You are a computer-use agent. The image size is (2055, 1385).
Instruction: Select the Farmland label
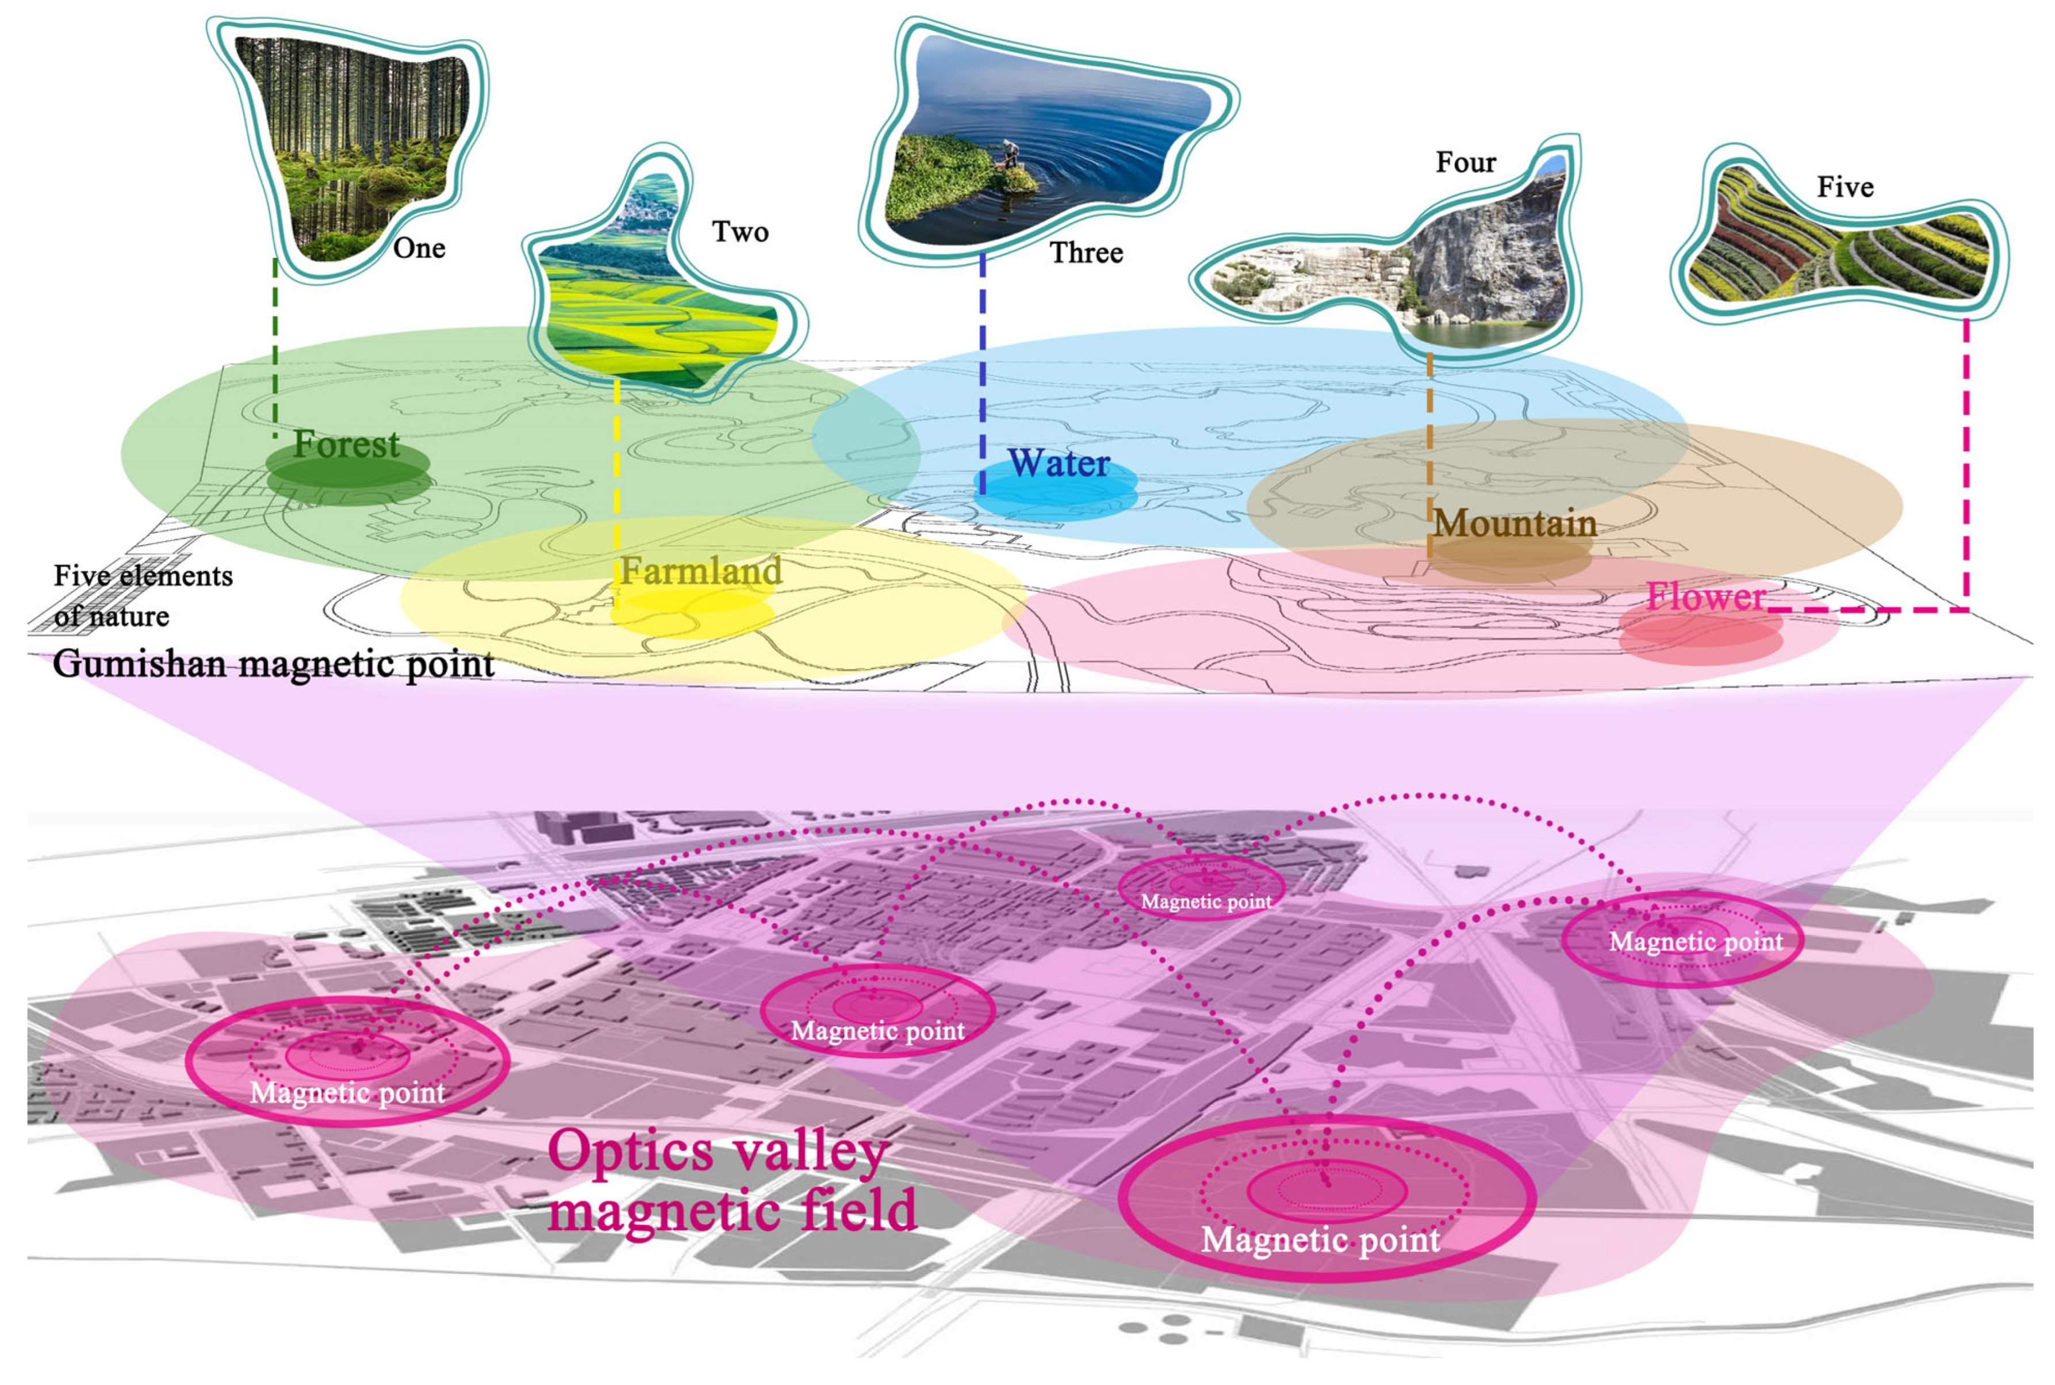(700, 571)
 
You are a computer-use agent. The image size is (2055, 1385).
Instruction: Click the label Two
(739, 232)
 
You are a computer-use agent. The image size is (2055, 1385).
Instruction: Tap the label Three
(1086, 254)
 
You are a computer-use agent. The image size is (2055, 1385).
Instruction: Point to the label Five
(1844, 188)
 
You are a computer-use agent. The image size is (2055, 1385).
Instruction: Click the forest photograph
(353, 141)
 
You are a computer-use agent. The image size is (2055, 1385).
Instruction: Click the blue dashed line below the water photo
(982, 371)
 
